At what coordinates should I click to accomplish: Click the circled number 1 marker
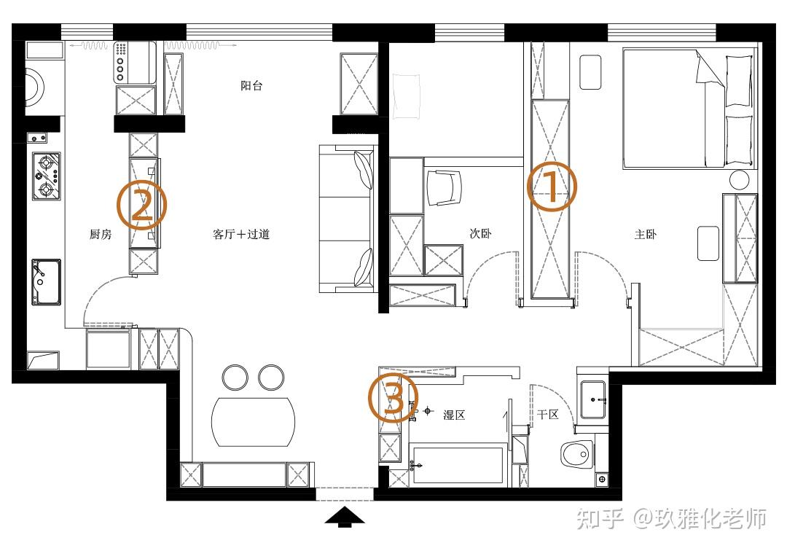click(552, 186)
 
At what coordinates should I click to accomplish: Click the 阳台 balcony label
click(251, 86)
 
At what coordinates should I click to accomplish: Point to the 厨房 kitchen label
click(101, 234)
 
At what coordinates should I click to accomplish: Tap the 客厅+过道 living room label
click(241, 234)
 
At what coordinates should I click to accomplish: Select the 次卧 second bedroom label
click(480, 233)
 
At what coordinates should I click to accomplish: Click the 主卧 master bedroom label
click(646, 234)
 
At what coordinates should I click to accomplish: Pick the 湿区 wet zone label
click(454, 415)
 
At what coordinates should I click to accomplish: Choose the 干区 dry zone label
click(547, 414)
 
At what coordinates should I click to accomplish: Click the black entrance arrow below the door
click(344, 517)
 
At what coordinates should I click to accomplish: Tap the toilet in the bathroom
click(576, 454)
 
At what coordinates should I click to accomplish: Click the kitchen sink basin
click(46, 282)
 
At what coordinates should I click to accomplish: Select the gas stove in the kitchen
click(46, 176)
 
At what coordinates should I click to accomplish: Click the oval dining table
click(254, 422)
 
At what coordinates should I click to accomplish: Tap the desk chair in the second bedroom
click(443, 188)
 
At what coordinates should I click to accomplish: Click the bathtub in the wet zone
click(456, 465)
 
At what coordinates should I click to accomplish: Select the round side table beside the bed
click(740, 179)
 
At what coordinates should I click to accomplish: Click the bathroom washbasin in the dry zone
click(593, 400)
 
